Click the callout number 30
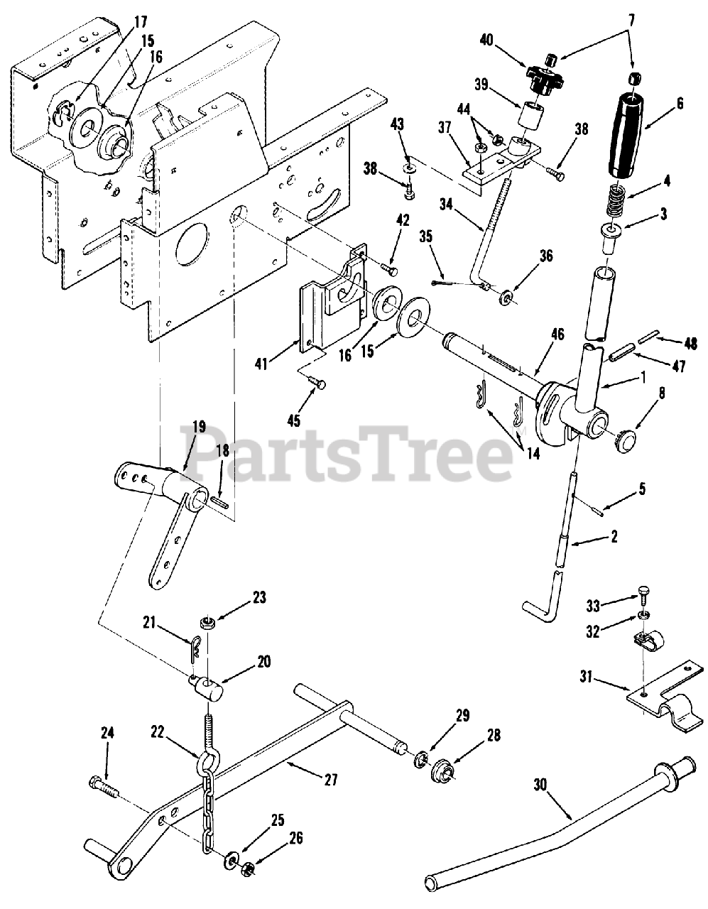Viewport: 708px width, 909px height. pos(541,784)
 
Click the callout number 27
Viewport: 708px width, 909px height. pos(330,779)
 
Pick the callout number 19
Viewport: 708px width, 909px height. pos(198,428)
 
